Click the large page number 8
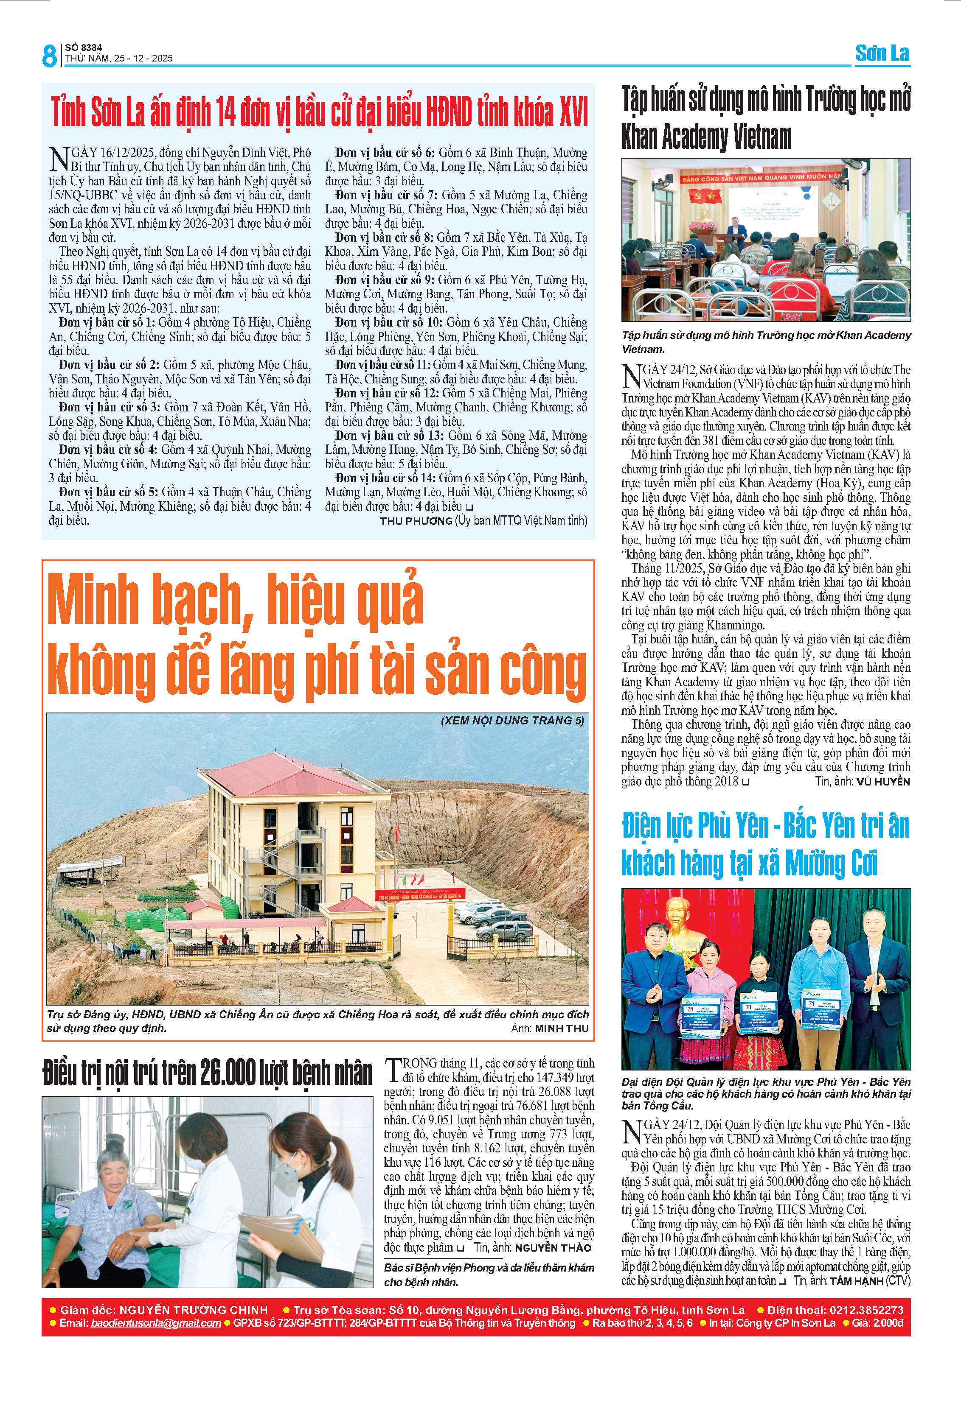point(49,56)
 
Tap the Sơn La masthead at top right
point(882,53)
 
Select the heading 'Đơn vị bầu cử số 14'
point(380,478)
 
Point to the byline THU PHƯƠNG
point(416,520)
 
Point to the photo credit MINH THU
point(561,1028)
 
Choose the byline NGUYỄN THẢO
point(553,1248)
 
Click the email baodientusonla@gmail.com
point(156,1323)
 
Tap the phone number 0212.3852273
point(866,1309)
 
